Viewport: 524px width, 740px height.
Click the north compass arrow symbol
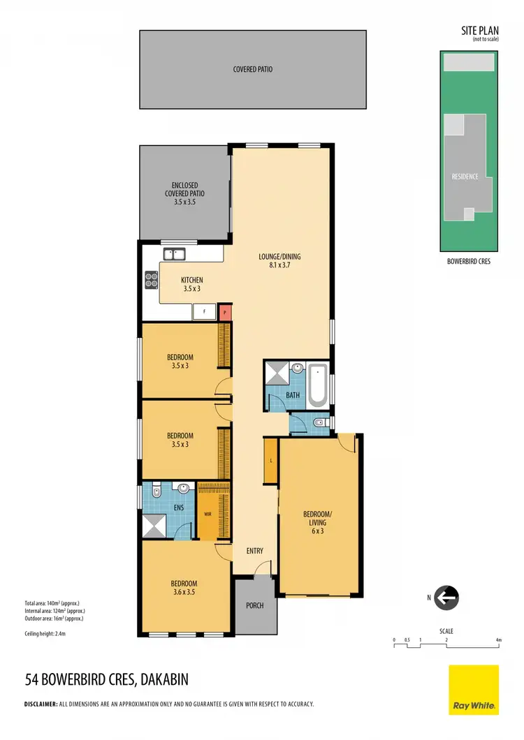(446, 598)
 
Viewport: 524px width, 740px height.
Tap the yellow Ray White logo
(473, 690)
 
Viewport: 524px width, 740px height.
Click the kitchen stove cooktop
(151, 279)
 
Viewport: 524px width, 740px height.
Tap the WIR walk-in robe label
(208, 514)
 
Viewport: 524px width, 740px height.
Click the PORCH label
(255, 605)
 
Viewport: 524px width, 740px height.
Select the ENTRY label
(255, 552)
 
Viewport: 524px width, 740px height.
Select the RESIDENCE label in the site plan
(465, 177)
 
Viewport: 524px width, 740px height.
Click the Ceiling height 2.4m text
(45, 634)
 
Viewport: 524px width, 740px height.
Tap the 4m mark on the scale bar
(498, 639)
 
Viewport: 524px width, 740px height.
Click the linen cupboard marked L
(270, 460)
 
